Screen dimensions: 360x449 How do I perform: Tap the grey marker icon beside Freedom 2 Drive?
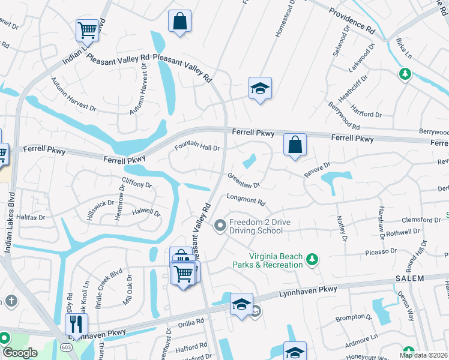click(220, 226)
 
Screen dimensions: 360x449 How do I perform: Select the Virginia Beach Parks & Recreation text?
click(268, 260)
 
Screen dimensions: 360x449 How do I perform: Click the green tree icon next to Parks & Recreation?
click(312, 259)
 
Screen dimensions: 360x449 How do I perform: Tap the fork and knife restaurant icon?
click(76, 325)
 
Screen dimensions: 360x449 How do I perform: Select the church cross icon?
click(11, 299)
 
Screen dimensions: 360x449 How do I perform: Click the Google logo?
click(20, 352)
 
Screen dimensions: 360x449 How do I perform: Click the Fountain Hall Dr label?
click(197, 147)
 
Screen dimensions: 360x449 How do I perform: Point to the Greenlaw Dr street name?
click(243, 181)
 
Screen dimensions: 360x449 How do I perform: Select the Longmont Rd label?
click(245, 200)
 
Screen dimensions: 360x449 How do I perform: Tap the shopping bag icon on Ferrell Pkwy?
click(295, 145)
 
